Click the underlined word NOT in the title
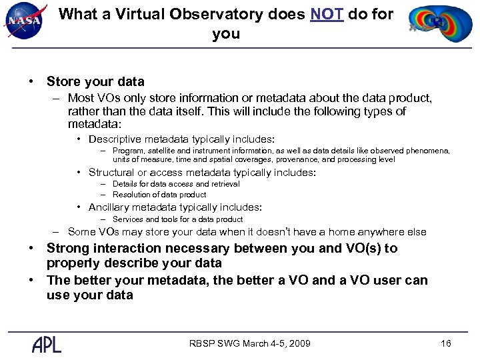point(327,14)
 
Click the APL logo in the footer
point(47,344)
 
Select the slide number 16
point(446,343)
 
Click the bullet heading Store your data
point(95,82)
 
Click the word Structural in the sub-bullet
point(111,173)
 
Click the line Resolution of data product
point(159,195)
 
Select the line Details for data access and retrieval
point(176,184)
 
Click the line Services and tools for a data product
point(177,219)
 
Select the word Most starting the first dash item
point(80,98)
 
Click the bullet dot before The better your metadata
point(31,281)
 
